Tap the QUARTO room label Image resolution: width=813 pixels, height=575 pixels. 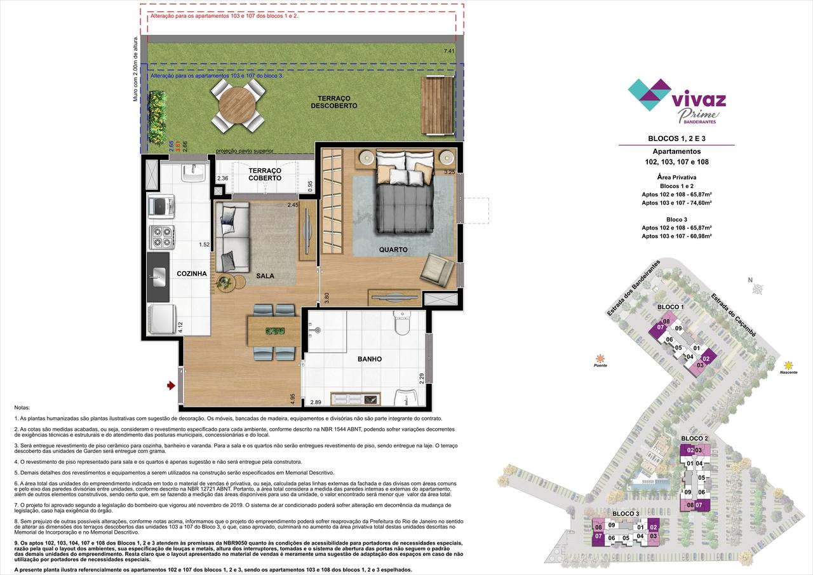pos(393,250)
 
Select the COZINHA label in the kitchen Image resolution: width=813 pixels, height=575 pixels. pos(192,273)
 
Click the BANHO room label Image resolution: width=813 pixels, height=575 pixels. pos(369,359)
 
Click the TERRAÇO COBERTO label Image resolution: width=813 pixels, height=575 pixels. pos(265,175)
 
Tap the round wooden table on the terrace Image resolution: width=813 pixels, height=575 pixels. pos(236,105)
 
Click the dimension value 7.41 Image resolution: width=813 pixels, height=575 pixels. pos(449,51)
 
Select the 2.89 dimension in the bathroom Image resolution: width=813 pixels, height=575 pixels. pos(316,402)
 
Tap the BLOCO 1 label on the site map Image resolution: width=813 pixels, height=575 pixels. pos(671,307)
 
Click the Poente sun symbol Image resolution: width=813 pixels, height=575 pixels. pos(600,358)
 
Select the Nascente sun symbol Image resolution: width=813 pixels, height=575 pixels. pos(788,365)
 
